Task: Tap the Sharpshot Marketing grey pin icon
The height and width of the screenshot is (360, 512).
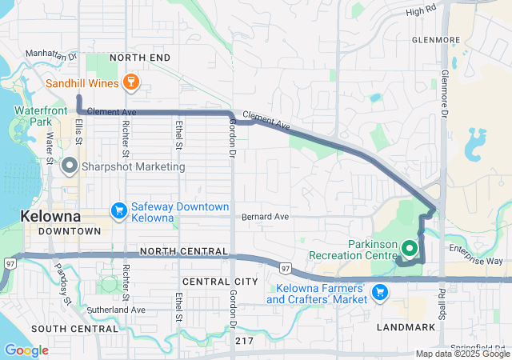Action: click(x=70, y=166)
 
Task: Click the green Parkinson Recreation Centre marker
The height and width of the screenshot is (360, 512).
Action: click(x=408, y=248)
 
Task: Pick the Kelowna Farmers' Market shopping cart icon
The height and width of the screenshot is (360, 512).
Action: click(x=381, y=293)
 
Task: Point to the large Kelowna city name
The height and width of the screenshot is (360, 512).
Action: click(x=50, y=217)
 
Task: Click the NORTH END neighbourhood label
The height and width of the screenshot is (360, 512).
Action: click(x=140, y=58)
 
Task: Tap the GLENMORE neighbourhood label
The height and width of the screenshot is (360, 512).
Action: click(x=436, y=38)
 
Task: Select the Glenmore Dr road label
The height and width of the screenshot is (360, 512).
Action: click(x=444, y=89)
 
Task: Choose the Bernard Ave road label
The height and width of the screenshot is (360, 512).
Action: click(x=265, y=217)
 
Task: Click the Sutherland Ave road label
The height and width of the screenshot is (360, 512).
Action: click(x=117, y=309)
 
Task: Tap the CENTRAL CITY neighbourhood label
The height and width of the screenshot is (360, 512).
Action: click(x=220, y=282)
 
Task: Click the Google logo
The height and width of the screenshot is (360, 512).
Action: click(x=26, y=350)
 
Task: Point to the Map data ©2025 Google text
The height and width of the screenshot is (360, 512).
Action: click(x=462, y=354)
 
